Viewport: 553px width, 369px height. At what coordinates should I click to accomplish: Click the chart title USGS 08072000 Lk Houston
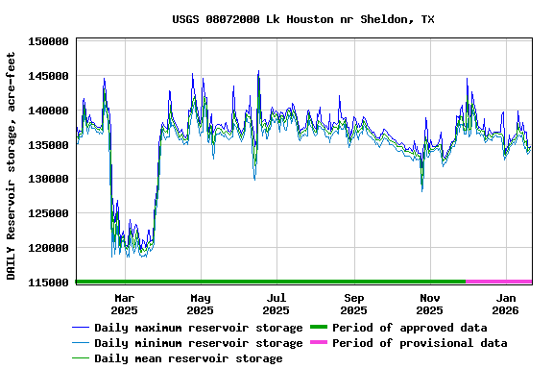(x=302, y=19)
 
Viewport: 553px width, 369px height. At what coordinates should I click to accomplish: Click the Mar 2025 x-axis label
(x=124, y=304)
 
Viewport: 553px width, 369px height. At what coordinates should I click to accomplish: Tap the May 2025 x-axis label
(x=200, y=304)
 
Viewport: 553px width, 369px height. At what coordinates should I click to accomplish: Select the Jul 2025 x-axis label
(x=276, y=304)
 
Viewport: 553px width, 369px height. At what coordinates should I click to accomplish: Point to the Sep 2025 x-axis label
(x=353, y=304)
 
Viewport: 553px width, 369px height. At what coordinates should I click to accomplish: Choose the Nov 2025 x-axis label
(x=429, y=304)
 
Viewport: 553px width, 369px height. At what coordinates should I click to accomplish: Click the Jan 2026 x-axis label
(x=505, y=304)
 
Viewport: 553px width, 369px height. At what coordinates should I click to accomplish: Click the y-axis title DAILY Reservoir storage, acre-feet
(x=12, y=161)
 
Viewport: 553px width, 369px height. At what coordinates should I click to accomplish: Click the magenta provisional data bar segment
(x=499, y=282)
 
